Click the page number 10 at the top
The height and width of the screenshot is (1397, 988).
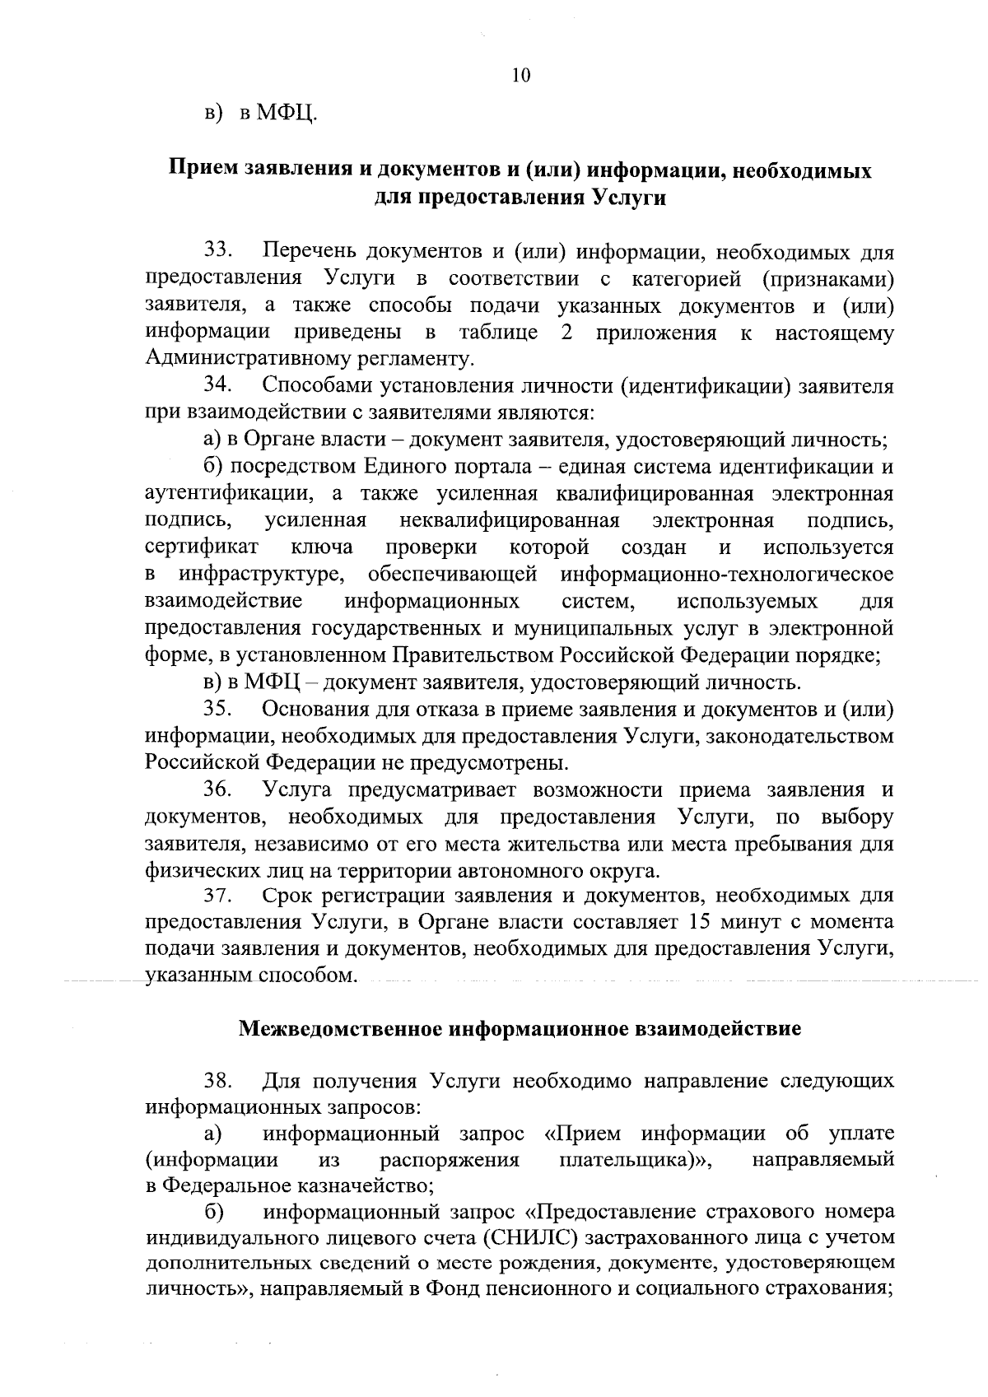tap(520, 76)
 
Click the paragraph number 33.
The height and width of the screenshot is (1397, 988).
tap(220, 251)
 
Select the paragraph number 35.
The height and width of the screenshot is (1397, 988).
tap(220, 710)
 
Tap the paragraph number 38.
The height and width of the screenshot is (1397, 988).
tap(220, 1080)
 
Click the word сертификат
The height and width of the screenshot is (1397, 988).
tap(203, 547)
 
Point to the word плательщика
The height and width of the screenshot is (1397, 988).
tap(625, 1160)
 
